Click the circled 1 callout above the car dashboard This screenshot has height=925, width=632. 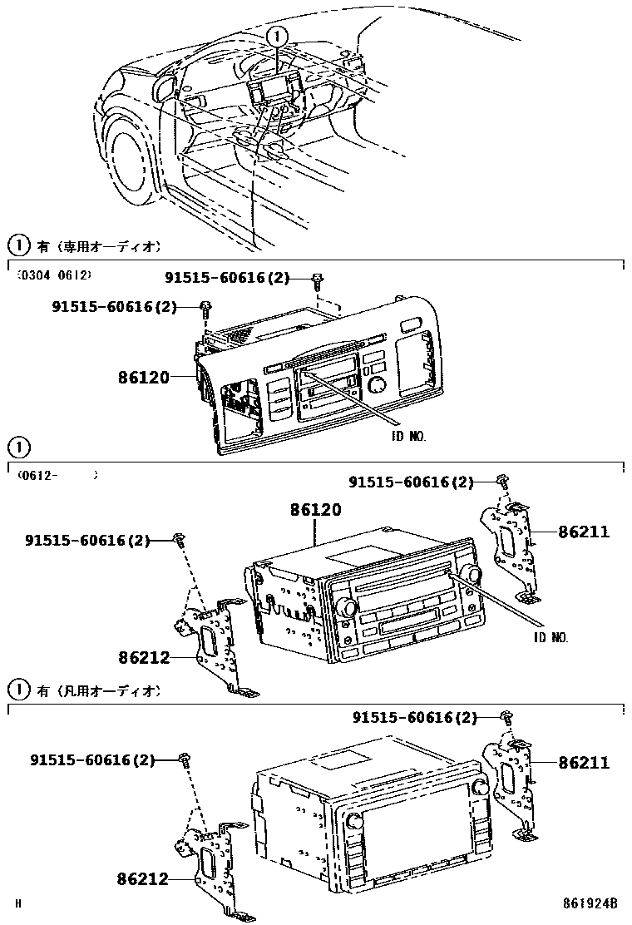coord(278,36)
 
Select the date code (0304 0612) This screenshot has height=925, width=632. coord(54,274)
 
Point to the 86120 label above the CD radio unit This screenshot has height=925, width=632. coord(315,510)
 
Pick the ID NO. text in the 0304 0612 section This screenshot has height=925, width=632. coord(413,434)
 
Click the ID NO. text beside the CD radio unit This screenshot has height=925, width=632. coord(551,637)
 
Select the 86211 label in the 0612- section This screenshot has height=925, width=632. coord(583,532)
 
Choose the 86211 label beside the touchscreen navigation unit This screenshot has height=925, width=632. coord(583,762)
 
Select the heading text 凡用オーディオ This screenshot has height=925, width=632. coord(107,691)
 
